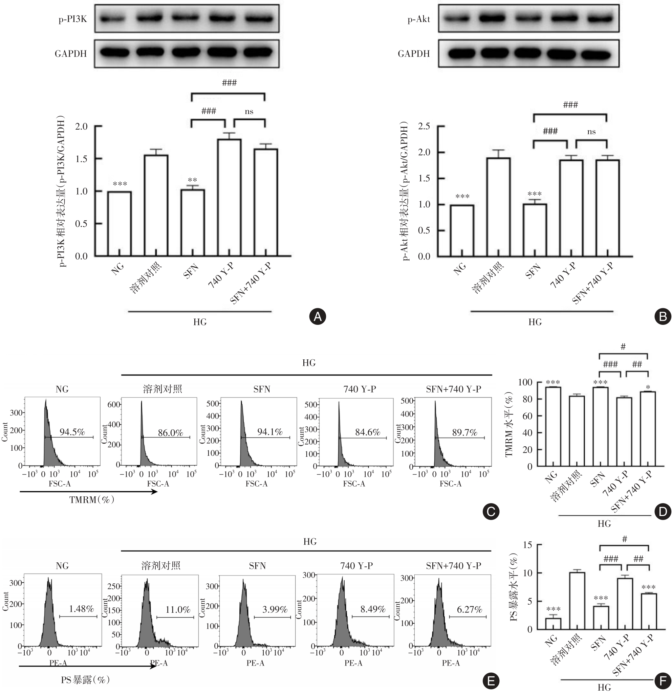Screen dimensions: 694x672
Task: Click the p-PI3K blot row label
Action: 73,19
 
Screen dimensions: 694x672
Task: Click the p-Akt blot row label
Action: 419,19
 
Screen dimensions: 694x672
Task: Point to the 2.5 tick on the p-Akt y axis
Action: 424,127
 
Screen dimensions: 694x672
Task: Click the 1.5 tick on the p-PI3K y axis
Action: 81,159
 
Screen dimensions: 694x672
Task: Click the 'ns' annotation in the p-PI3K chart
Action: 249,112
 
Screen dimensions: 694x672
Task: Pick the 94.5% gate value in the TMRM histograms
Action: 72,432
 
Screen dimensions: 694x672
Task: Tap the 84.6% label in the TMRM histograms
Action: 367,432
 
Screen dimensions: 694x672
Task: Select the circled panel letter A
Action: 318,316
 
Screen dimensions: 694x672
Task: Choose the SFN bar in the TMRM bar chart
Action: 600,427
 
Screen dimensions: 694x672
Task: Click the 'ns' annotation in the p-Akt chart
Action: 591,132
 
